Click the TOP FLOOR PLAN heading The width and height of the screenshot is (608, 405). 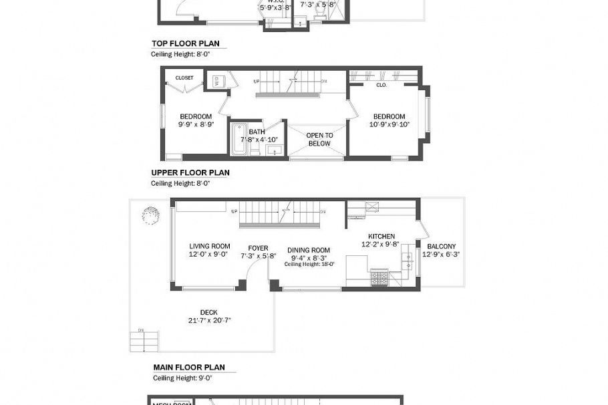pos(185,44)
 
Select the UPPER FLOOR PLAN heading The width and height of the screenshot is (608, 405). pos(190,172)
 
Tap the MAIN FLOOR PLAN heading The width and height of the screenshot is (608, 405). pos(189,368)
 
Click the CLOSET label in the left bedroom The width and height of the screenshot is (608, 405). pos(184,78)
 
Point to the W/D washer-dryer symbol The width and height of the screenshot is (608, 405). pos(218,82)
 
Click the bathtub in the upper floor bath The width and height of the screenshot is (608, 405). pos(239,139)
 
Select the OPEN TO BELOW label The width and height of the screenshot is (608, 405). pos(319,139)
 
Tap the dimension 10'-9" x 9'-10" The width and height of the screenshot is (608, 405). pos(389,124)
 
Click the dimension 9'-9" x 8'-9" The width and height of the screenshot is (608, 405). pos(195,124)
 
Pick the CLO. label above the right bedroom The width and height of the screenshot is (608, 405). pos(382,86)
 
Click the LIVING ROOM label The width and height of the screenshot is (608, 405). pos(209,246)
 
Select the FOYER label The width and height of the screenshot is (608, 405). pos(258,248)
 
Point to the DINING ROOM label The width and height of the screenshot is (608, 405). pos(309,250)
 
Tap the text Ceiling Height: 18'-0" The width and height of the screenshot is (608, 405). pos(309,264)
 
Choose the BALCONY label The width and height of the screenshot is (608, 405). pos(441,246)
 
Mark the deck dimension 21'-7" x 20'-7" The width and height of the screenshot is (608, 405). pos(208,320)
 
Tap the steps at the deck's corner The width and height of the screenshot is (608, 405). pos(144,341)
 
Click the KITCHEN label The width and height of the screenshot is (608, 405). pos(382,236)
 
